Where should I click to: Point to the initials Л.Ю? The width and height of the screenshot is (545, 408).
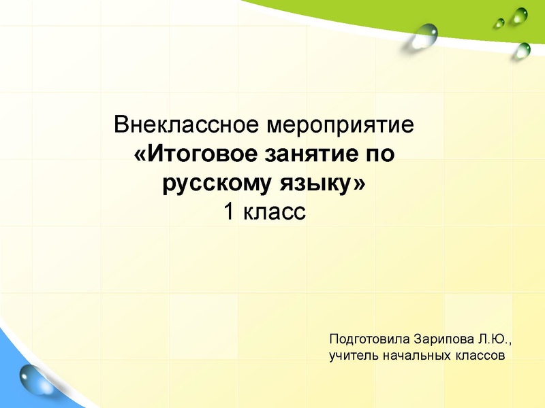(493, 339)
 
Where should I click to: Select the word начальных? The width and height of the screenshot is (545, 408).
(412, 355)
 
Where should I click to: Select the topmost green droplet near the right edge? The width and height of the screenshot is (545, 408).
(520, 14)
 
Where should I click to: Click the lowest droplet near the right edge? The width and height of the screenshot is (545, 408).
(523, 49)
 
